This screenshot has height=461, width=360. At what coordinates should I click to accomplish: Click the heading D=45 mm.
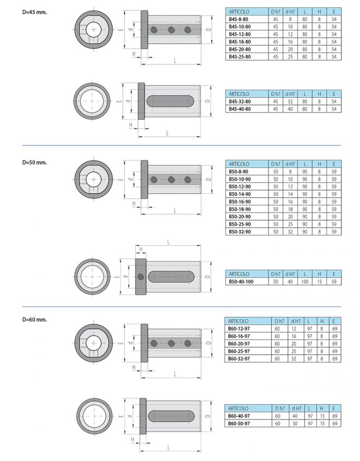point(34,12)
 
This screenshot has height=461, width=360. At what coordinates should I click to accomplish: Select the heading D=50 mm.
point(34,162)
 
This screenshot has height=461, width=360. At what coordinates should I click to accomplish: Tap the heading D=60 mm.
point(34,320)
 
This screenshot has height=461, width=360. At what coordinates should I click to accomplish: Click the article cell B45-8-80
point(238,19)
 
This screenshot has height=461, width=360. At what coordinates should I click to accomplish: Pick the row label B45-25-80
point(240,56)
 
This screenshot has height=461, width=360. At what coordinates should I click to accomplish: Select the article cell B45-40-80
point(240,109)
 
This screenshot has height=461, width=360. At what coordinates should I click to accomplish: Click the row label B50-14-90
point(240,194)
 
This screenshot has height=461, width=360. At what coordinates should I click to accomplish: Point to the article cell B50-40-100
point(241,282)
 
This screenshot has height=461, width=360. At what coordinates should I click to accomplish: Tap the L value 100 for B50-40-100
point(305,282)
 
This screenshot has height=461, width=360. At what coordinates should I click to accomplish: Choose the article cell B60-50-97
point(239,424)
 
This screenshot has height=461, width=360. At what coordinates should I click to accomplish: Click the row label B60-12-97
point(239,328)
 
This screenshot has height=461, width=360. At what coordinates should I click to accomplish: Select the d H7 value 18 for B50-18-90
point(290,209)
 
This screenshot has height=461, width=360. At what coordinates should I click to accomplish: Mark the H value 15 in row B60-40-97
point(322,416)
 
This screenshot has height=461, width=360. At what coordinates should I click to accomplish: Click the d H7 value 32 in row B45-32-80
point(290,102)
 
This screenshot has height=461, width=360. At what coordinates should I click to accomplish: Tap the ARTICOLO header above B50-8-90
point(239,164)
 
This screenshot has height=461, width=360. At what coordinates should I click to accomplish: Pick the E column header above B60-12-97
point(334,321)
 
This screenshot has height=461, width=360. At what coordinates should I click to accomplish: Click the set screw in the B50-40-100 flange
point(141,277)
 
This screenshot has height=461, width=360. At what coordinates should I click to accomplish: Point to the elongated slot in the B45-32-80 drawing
point(170,101)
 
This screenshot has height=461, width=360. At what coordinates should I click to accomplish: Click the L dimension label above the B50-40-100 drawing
point(169,242)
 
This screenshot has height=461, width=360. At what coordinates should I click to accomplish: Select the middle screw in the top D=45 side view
point(171,30)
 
